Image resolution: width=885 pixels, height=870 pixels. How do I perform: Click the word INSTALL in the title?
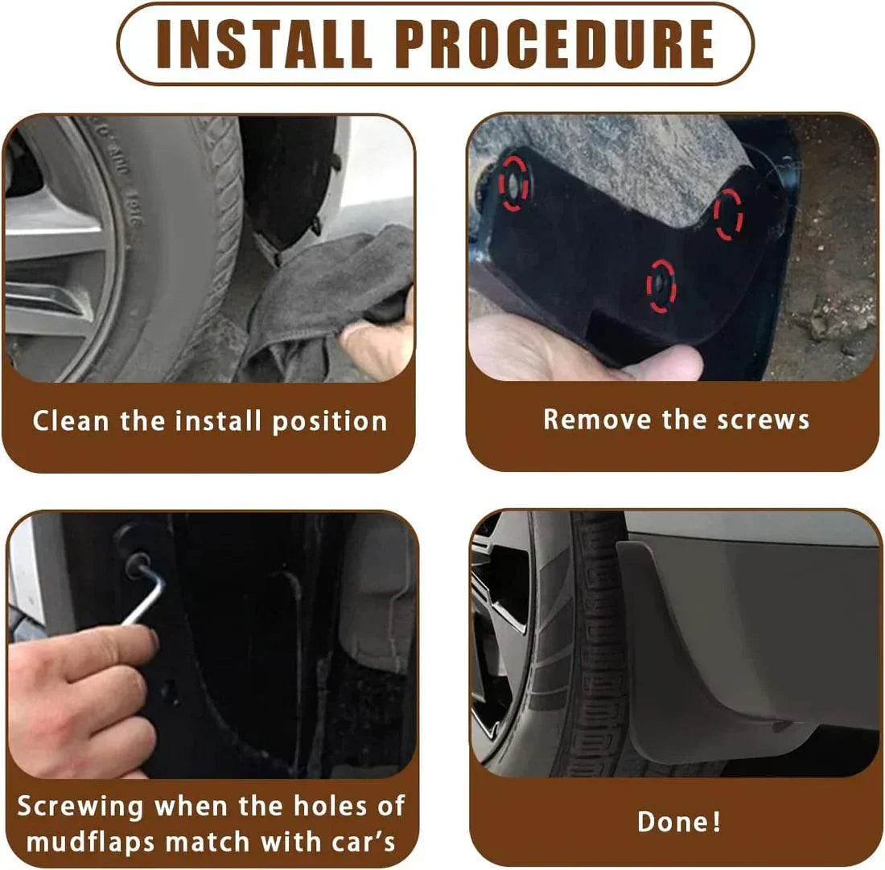264,43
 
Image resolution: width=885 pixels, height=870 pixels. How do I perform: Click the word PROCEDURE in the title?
554,43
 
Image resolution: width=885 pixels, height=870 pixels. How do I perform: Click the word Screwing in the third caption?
80,806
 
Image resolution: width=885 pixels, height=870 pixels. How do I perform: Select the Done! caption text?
679,822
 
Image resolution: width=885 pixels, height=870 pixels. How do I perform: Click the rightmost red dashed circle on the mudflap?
729,214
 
